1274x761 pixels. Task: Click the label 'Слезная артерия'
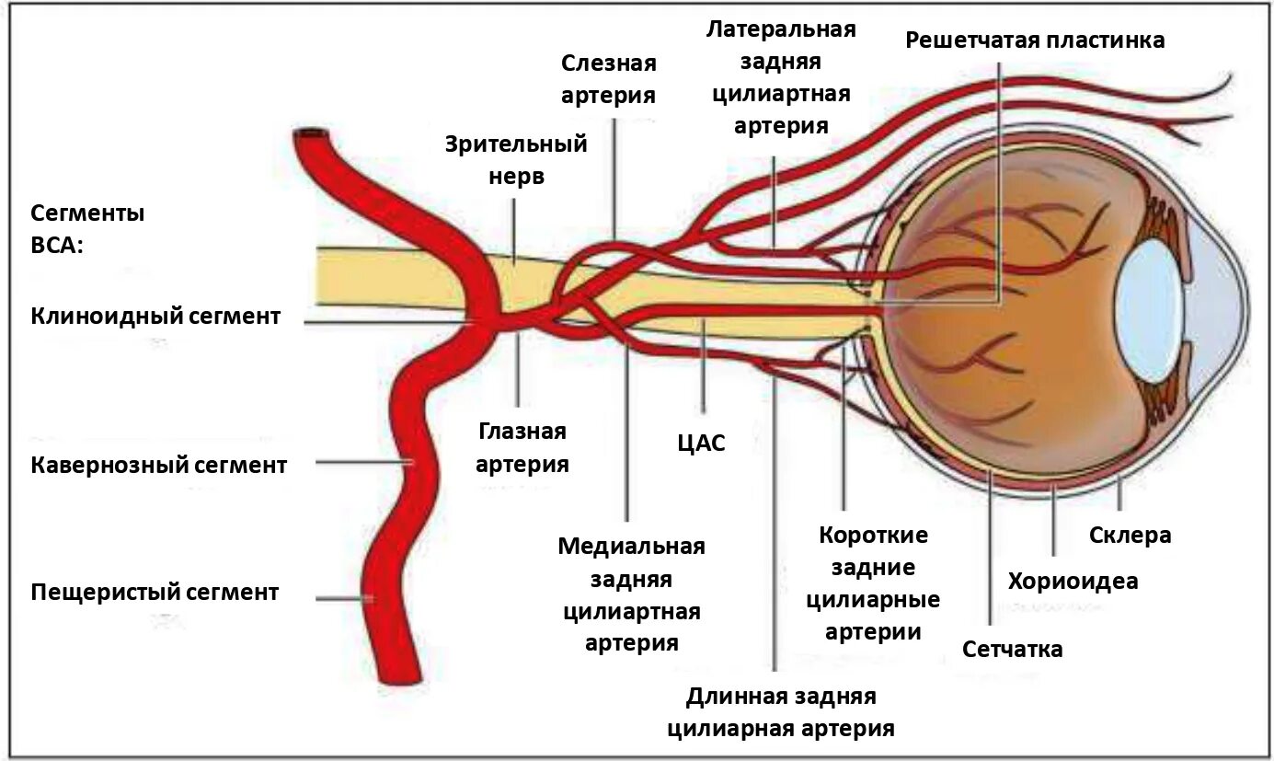click(609, 79)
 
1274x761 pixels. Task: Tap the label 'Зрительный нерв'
click(516, 160)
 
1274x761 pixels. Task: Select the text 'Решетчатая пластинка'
click(1035, 40)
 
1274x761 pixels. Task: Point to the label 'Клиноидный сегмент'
click(155, 317)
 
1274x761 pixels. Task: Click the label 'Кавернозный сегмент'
click(159, 465)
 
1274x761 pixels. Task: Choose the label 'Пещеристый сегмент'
click(155, 591)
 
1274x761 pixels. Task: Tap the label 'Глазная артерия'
click(522, 447)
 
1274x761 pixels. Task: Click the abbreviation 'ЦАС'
click(701, 444)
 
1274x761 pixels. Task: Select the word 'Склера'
click(1130, 535)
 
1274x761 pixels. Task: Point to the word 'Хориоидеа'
click(1073, 581)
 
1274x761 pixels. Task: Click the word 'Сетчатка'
click(1013, 649)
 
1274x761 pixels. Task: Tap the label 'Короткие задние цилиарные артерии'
click(873, 583)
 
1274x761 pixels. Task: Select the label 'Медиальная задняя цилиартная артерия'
click(631, 594)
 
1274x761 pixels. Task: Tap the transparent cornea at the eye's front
click(1219, 304)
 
